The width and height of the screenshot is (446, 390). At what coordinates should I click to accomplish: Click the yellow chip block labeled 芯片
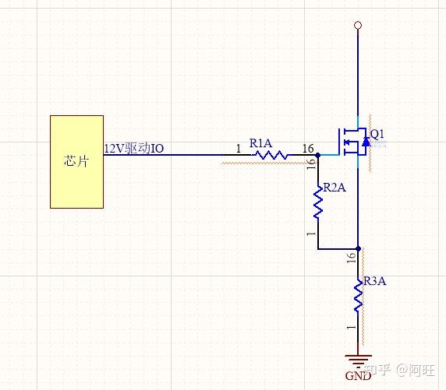tap(76, 162)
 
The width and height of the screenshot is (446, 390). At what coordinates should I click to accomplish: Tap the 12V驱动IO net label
tap(133, 148)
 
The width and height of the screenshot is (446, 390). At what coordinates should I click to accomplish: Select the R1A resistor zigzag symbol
tap(271, 155)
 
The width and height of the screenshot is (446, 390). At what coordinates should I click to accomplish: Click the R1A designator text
tap(260, 143)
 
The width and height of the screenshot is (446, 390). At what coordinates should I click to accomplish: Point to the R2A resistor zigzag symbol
tap(318, 202)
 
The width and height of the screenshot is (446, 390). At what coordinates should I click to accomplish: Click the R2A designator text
tap(334, 188)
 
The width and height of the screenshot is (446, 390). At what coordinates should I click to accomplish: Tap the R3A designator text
tap(374, 281)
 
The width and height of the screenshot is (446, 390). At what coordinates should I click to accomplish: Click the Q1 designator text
tap(377, 134)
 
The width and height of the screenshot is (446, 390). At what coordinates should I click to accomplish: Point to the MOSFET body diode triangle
tap(366, 142)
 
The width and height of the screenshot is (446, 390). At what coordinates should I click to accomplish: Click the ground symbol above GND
tap(358, 360)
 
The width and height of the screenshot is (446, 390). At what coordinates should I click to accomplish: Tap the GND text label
tap(358, 376)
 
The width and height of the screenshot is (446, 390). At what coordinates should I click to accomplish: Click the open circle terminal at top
tap(358, 25)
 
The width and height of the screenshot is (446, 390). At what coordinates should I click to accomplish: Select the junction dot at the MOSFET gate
tap(318, 155)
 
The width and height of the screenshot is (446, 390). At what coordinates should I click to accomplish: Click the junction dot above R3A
tap(359, 249)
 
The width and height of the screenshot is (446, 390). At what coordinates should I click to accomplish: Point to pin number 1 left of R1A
tap(239, 149)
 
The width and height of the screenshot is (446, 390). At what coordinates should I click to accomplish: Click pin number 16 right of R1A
tap(308, 149)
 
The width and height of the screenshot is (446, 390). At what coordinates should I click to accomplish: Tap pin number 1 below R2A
tap(311, 234)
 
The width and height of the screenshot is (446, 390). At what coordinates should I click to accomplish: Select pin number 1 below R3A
tap(352, 327)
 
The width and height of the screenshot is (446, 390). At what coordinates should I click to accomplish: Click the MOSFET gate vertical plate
tap(339, 142)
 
